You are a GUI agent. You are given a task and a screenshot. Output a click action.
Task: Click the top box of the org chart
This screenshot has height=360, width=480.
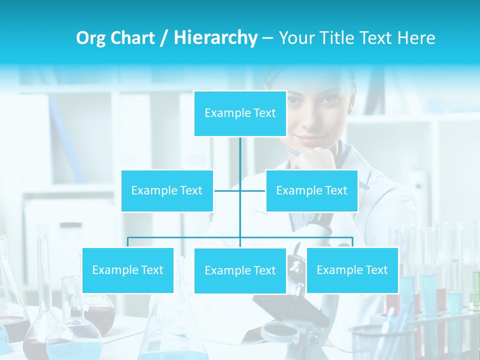click(x=240, y=113)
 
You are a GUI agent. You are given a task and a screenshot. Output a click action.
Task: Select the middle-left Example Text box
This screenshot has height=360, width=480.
click(x=167, y=190)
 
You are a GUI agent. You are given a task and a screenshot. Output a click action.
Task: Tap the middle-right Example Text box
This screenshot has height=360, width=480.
click(x=311, y=190)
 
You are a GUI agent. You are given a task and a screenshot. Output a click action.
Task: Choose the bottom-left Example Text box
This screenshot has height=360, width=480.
click(x=127, y=270)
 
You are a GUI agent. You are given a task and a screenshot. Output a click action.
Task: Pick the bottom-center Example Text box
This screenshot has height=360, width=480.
click(x=240, y=270)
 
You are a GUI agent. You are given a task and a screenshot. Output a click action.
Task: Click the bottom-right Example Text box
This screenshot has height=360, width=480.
click(x=352, y=270)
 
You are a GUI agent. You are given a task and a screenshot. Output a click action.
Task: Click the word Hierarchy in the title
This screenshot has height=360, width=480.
click(x=215, y=38)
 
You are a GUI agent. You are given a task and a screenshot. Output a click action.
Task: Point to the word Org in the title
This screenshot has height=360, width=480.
click(x=91, y=38)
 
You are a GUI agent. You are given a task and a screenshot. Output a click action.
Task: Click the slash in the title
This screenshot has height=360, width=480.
click(x=164, y=38)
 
